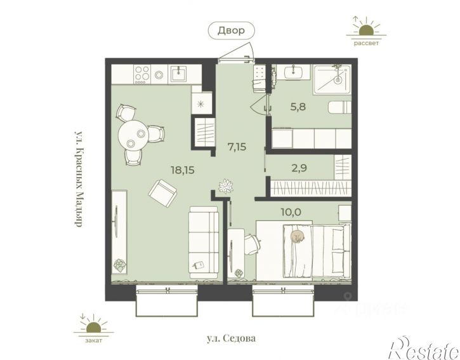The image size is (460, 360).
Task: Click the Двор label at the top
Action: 231,30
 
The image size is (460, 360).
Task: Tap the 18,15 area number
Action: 183,170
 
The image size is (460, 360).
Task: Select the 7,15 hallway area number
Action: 237,147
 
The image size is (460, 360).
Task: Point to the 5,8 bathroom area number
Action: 298,107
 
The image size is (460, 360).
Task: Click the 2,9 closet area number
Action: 299,168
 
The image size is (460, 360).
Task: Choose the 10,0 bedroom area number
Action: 291,211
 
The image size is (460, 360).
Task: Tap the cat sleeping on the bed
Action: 298,236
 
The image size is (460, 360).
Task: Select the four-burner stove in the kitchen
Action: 142,74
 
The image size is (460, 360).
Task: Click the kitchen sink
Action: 178,74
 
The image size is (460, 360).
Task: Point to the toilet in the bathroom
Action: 339,108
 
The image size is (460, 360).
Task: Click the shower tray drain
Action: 338,79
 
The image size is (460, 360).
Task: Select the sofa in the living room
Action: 204,242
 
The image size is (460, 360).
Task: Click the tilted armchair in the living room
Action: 163,193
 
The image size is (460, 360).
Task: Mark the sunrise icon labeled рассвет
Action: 366,30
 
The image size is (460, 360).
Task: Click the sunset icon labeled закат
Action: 93,328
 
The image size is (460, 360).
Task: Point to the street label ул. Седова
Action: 231,338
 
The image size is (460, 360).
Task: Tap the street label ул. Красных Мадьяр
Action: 78,178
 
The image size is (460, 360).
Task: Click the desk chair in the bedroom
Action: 253,244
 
